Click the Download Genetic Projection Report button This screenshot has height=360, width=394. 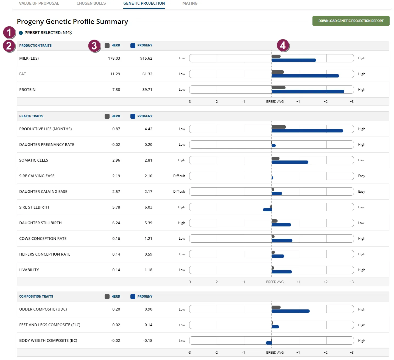pos(351,21)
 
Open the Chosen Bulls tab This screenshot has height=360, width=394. pos(91,3)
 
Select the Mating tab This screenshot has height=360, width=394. pos(190,3)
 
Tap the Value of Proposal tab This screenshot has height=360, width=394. pos(39,3)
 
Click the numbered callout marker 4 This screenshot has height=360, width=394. pos(283,45)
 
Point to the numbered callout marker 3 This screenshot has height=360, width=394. pos(94,46)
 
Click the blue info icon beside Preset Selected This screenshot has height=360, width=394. pos(21,33)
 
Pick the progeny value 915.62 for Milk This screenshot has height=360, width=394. pos(146,58)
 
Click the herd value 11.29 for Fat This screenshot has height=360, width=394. pos(115,74)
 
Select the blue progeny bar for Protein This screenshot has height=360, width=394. pos(308,92)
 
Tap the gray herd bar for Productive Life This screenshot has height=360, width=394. pos(279,127)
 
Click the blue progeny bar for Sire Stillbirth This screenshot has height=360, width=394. pos(267,210)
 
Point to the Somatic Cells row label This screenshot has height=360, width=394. pos(33,160)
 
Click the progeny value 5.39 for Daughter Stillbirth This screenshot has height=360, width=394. pos(148,223)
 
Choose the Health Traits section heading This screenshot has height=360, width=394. pos(31,116)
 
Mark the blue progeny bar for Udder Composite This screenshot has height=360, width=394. pos(291,311)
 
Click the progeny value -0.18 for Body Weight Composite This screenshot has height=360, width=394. pos(148,340)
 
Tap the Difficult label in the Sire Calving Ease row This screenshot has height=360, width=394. pos(179,176)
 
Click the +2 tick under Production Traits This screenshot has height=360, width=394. pos(326,102)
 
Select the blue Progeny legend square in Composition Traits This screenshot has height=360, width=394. pos(133,297)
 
